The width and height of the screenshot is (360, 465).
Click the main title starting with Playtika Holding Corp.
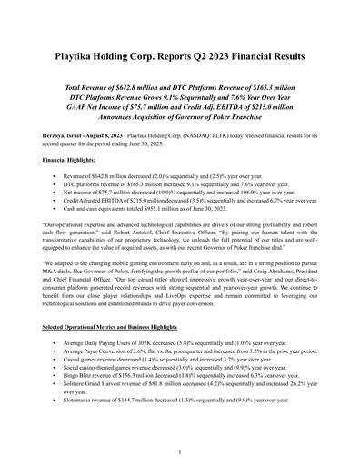pyautogui.click(x=180, y=54)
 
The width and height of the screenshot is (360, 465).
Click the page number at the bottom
pyautogui.click(x=180, y=451)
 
